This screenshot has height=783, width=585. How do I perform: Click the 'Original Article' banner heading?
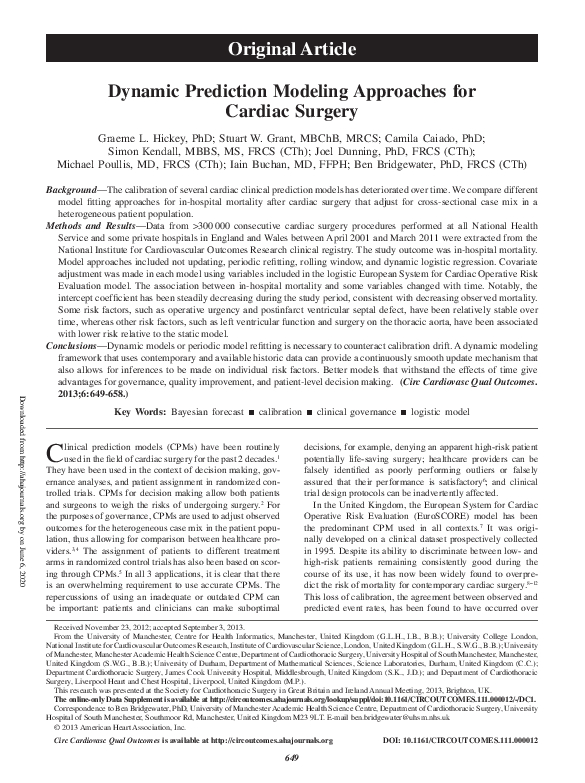point(292,47)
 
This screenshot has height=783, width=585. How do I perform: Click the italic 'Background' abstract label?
point(79,188)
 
